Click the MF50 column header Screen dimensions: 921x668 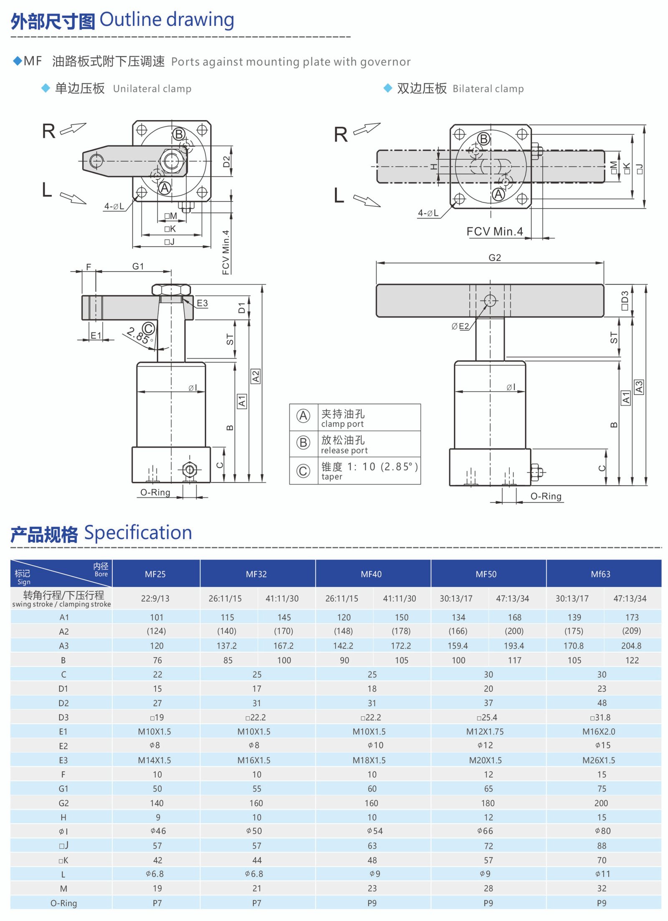[x=486, y=574]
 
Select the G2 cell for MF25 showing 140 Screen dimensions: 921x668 [x=157, y=803]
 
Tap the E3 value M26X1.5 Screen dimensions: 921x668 [x=599, y=760]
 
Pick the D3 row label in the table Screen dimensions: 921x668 [x=63, y=717]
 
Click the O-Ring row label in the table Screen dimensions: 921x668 [x=63, y=903]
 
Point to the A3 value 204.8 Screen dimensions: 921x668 [x=631, y=646]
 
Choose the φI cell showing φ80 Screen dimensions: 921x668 [x=602, y=831]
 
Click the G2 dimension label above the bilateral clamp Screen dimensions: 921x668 [x=494, y=258]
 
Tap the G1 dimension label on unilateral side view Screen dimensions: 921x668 [x=138, y=266]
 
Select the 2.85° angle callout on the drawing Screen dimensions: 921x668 [x=138, y=335]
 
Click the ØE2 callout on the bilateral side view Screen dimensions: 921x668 [x=460, y=326]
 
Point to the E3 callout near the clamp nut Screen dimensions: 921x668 [x=202, y=303]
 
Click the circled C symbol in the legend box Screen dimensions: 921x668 [x=303, y=471]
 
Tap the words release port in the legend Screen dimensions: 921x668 [x=344, y=450]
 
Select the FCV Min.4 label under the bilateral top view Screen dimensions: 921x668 [x=494, y=232]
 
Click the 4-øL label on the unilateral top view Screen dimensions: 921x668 [x=114, y=206]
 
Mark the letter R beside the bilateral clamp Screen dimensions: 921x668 [x=341, y=135]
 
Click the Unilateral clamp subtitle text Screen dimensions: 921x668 [x=152, y=89]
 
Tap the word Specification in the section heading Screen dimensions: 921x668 [x=138, y=533]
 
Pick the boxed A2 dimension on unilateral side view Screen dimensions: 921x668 [x=256, y=376]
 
